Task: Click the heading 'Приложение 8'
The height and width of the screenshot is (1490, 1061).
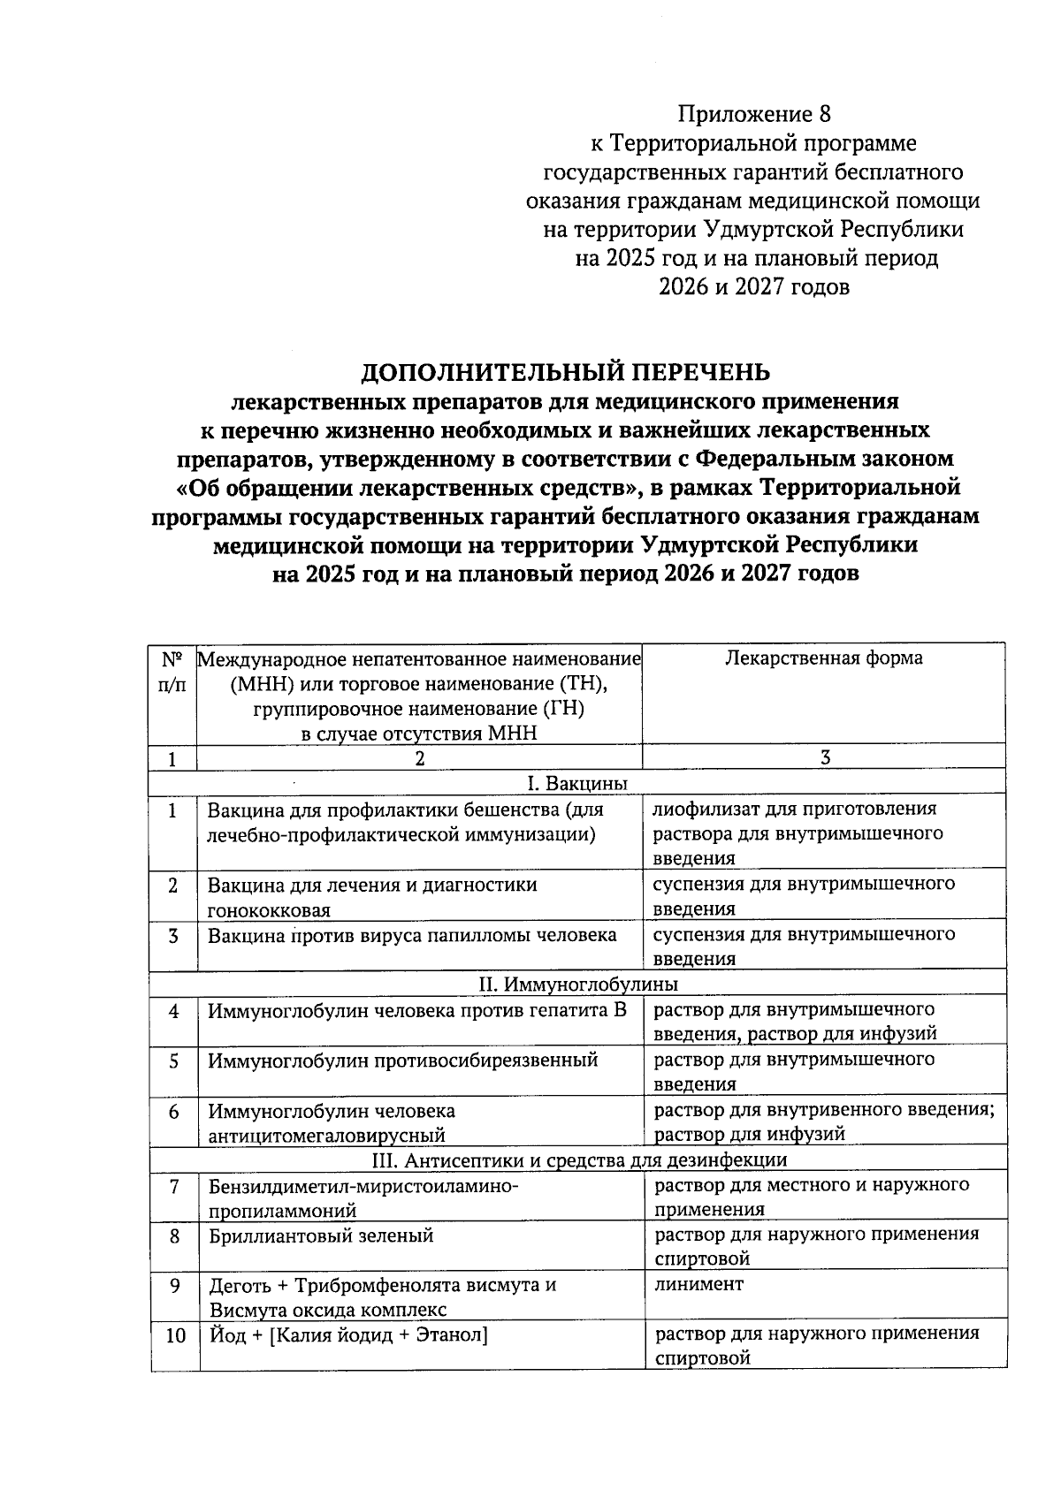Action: click(x=754, y=114)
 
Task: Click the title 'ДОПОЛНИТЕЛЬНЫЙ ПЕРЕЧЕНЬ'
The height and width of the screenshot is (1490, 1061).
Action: click(x=566, y=371)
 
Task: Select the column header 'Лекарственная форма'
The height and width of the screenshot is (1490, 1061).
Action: click(x=823, y=658)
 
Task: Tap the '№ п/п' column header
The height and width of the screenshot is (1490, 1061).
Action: click(x=173, y=672)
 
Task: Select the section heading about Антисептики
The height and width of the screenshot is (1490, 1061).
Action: click(x=577, y=1159)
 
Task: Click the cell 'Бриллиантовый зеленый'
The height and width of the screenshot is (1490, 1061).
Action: click(x=321, y=1235)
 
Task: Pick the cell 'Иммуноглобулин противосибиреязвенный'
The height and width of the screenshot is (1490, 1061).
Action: click(x=402, y=1060)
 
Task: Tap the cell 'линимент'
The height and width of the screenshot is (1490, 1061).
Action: click(x=698, y=1284)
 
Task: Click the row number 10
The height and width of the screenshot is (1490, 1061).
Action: click(x=175, y=1335)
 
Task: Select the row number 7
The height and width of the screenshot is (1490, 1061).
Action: click(x=174, y=1185)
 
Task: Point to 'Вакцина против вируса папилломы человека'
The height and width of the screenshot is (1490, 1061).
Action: click(x=412, y=935)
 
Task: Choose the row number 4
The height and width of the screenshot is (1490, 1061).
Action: click(x=173, y=1010)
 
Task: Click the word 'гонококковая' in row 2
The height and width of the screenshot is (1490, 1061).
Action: click(x=269, y=910)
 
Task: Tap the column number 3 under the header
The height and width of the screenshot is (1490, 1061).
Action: click(x=824, y=757)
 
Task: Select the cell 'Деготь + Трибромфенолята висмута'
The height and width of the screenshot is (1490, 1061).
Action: click(x=382, y=1285)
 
